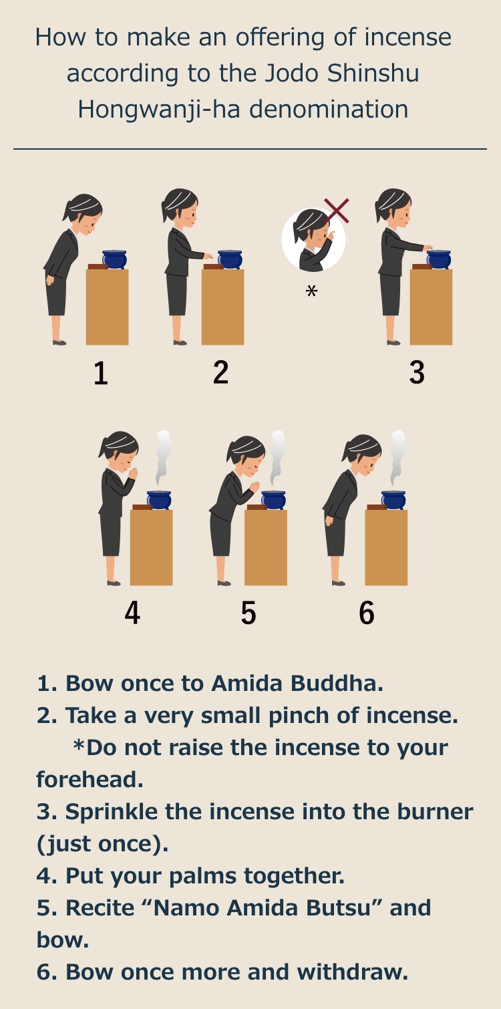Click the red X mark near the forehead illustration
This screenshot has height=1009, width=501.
coord(336,210)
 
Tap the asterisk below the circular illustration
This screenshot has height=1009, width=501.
coord(311,291)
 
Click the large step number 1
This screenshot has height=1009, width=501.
coord(101,373)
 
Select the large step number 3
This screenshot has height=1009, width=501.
coord(417,372)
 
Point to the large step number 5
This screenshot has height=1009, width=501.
coord(248,613)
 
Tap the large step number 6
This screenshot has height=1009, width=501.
coord(367,613)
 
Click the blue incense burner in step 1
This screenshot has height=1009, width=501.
coord(114,259)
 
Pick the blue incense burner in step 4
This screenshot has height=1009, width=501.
coord(159,500)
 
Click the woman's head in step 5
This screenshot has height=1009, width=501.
coord(246,456)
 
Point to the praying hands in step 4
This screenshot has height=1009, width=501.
coord(133,473)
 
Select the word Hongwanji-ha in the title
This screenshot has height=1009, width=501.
coord(159,110)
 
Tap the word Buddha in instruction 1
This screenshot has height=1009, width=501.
coord(337,683)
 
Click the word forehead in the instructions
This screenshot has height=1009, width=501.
coord(90,779)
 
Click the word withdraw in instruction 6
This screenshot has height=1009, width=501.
coord(352,972)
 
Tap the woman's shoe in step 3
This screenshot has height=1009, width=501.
coord(393,342)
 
